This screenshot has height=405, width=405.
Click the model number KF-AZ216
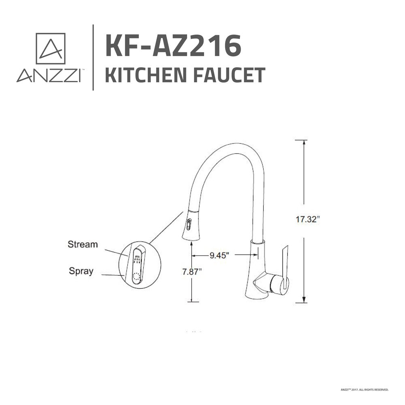pyautogui.click(x=173, y=45)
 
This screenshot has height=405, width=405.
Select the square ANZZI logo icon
pyautogui.click(x=51, y=49)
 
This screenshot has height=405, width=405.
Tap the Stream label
pyautogui.click(x=83, y=244)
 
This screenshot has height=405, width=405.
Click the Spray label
pyautogui.click(x=81, y=271)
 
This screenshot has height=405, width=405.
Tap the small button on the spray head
pyautogui.click(x=188, y=223)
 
